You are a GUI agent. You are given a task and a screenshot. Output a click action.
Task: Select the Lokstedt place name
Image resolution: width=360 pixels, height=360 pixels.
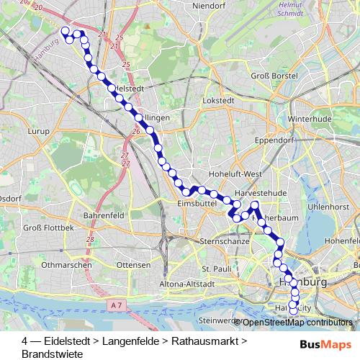point(219,102)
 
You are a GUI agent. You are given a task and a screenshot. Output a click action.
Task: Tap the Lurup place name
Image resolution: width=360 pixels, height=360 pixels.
point(38,132)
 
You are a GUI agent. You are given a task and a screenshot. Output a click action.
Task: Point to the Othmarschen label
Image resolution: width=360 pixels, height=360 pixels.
point(66,265)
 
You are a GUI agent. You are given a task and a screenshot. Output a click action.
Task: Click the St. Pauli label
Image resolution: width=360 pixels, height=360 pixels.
point(215,269)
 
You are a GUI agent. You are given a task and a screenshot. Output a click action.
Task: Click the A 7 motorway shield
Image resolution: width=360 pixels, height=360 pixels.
point(117,305)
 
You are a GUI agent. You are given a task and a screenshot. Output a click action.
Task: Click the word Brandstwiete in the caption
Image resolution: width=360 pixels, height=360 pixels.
point(53,354)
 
